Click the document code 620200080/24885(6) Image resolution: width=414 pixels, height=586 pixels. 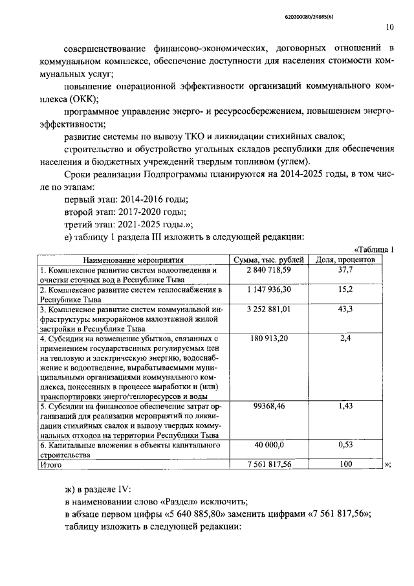[364, 10]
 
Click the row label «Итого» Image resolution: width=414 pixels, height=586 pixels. [50, 464]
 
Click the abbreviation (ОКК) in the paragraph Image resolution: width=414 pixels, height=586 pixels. [81, 98]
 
